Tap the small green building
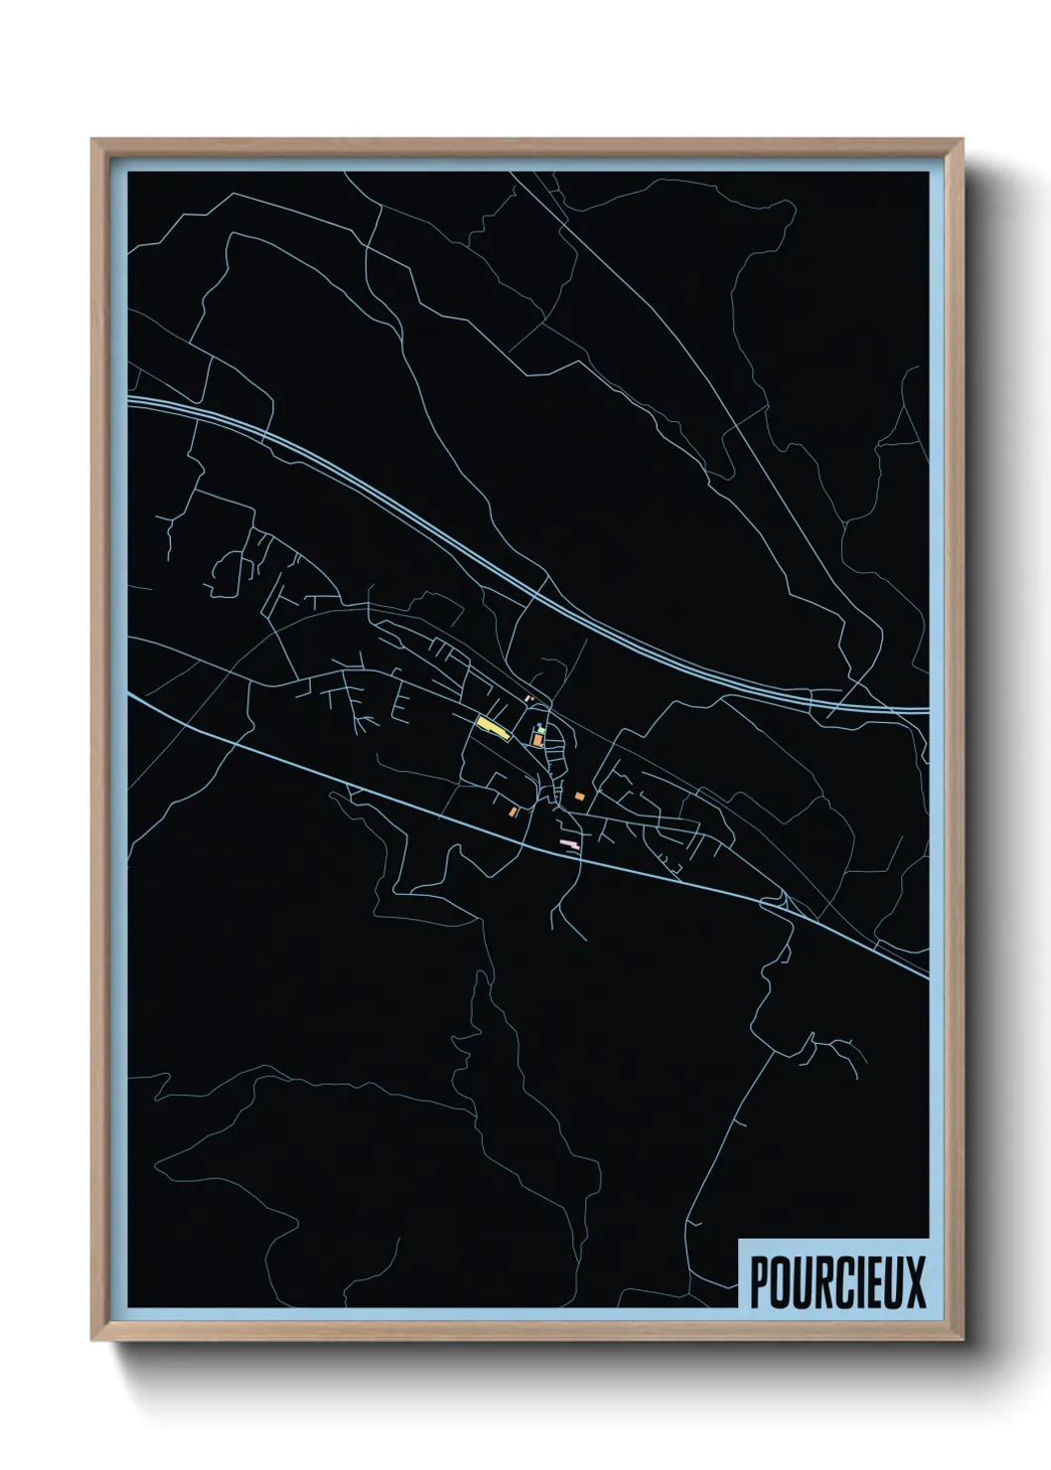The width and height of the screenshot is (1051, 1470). coord(540,730)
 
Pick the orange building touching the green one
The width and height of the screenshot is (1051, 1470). coord(537,741)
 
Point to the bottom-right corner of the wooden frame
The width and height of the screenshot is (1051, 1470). coord(963,1340)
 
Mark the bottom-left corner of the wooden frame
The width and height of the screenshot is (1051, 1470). coord(92,1340)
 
